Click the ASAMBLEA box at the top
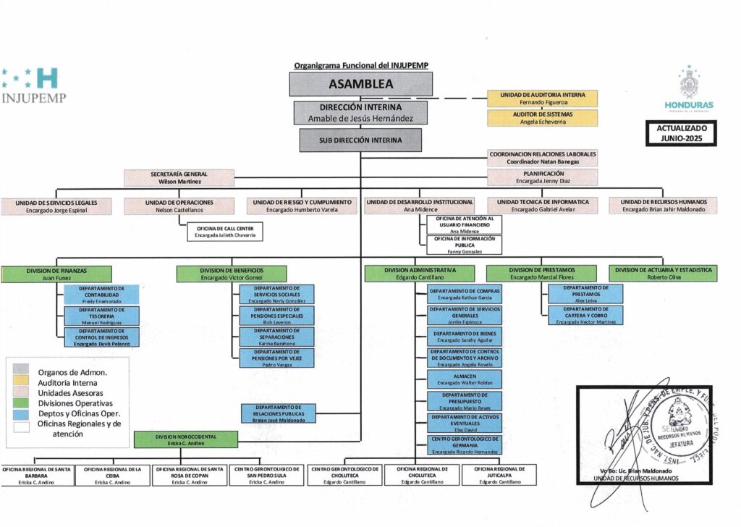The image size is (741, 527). pyautogui.click(x=360, y=84)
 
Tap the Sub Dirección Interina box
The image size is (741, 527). pyautogui.click(x=360, y=140)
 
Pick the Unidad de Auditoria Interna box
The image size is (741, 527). pyautogui.click(x=543, y=98)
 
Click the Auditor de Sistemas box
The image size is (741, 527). pyautogui.click(x=543, y=118)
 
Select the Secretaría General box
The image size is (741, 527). pyautogui.click(x=179, y=178)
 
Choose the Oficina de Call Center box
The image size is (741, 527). pyautogui.click(x=225, y=231)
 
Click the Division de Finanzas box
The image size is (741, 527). pyautogui.click(x=55, y=274)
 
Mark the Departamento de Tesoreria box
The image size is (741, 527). pyautogui.click(x=101, y=314)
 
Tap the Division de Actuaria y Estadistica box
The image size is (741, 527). pyautogui.click(x=663, y=273)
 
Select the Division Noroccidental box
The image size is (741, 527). pyautogui.click(x=185, y=439)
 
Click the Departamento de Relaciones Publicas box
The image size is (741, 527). pyautogui.click(x=278, y=413)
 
